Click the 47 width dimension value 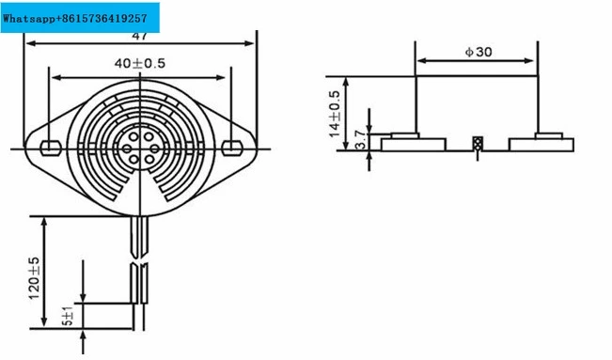[x=140, y=36]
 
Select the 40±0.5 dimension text [x=140, y=63]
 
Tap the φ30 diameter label [x=479, y=52]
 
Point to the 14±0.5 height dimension [x=335, y=114]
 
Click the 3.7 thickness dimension [x=361, y=140]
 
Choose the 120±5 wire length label [x=35, y=278]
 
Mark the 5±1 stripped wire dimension [x=68, y=316]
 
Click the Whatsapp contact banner [x=80, y=18]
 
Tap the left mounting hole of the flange [x=51, y=148]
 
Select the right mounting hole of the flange [x=232, y=148]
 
